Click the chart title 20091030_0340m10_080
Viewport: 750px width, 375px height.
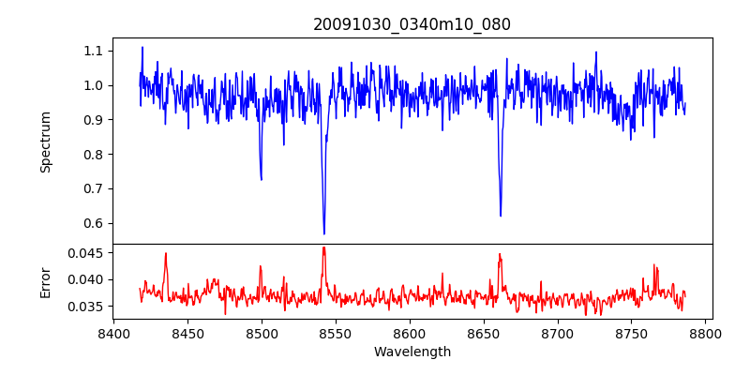[x=412, y=24]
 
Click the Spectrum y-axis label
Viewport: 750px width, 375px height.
[x=45, y=142]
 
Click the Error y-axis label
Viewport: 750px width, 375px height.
[x=45, y=281]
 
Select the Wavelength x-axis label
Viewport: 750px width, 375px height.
[x=412, y=352]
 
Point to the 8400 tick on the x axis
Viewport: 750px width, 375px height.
[x=113, y=333]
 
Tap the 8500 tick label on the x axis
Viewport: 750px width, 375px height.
[x=262, y=333]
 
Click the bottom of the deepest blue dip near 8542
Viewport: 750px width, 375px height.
[x=324, y=233]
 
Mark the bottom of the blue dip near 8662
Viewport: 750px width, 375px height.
[x=501, y=216]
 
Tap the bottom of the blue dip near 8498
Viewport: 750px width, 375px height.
[x=262, y=180]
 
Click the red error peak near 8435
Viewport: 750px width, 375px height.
[x=166, y=253]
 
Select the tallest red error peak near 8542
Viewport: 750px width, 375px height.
[x=323, y=247]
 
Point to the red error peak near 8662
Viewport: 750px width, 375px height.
[x=500, y=254]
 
